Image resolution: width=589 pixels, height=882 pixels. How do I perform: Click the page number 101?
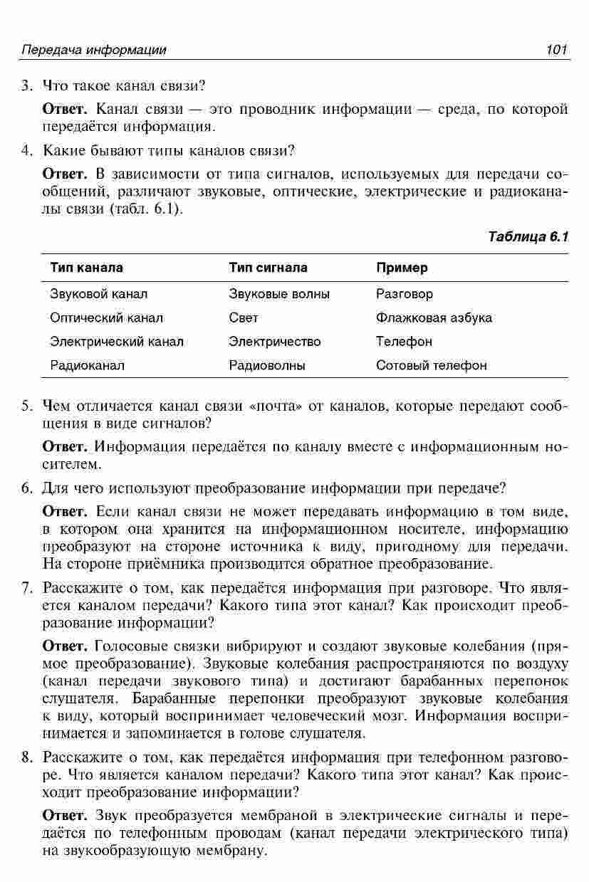point(556,50)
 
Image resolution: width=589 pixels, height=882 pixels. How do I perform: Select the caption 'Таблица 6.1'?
point(528,236)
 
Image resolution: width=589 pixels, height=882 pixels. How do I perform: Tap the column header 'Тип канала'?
point(86,268)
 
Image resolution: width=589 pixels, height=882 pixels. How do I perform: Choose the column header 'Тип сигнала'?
point(268,268)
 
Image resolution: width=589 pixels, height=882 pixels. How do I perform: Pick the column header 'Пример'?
point(402,268)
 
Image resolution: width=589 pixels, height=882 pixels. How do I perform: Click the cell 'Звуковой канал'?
point(99,293)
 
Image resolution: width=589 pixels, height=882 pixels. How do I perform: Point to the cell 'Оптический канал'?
point(106,317)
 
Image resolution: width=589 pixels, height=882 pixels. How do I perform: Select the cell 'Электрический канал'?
point(117,342)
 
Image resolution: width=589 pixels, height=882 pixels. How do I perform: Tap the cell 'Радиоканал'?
point(87,366)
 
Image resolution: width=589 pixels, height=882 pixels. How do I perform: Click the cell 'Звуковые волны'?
point(279,293)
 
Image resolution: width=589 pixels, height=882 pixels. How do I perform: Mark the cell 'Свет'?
point(244,317)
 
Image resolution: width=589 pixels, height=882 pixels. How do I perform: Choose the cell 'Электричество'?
point(275,342)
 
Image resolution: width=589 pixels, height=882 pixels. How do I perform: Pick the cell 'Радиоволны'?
point(267,366)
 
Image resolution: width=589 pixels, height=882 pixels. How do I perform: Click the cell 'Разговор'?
point(404,293)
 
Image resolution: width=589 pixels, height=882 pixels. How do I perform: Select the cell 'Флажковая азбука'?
point(434,317)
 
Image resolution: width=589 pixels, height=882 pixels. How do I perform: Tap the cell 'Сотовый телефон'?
point(432,366)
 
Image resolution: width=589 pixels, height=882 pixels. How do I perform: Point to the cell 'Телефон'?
point(404,342)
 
